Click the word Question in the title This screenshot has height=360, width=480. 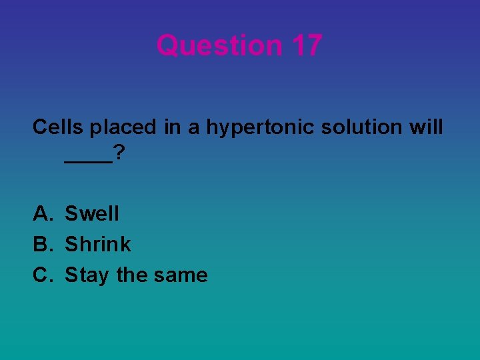point(220,45)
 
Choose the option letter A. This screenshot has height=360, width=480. point(42,214)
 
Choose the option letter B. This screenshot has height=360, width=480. point(42,245)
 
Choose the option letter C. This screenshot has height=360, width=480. point(42,275)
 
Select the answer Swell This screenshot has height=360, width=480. point(92,214)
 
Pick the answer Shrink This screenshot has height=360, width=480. point(98,245)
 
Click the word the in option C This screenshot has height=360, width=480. point(132,275)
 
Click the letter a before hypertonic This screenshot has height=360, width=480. point(194,128)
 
